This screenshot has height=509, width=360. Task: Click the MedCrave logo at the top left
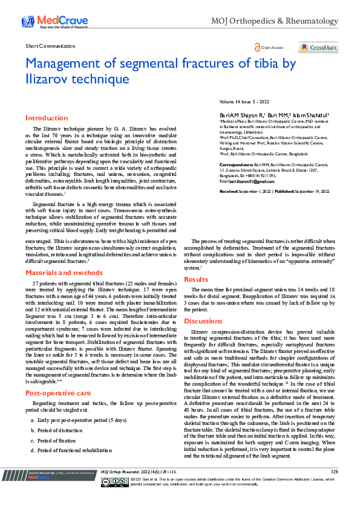(55, 23)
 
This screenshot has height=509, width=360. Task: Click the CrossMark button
(318, 47)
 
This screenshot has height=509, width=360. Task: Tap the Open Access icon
(269, 47)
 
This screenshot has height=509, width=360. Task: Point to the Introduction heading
(46, 118)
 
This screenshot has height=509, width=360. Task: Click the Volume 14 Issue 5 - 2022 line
(245, 102)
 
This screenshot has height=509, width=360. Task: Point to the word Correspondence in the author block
(235, 164)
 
